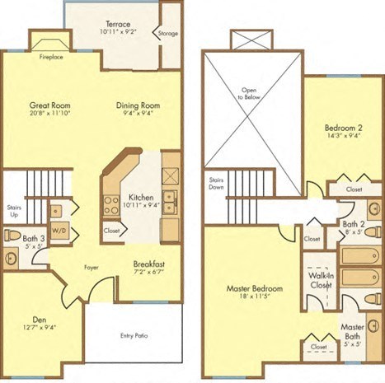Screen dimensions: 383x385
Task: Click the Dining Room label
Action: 137,105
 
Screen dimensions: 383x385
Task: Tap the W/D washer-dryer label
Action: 59,231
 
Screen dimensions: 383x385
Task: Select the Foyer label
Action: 92,267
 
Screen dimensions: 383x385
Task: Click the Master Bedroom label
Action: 255,289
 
